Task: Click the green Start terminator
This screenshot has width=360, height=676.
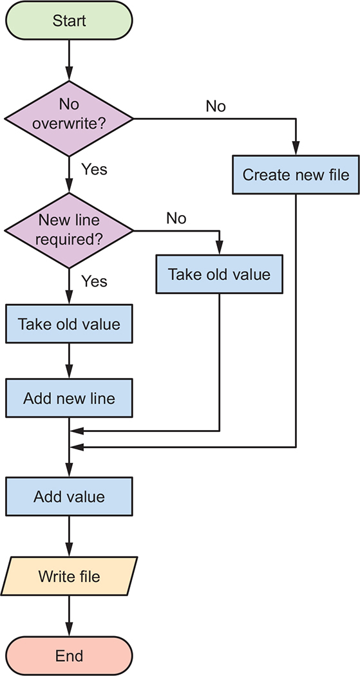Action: pyautogui.click(x=69, y=21)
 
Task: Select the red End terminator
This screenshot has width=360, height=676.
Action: pyautogui.click(x=69, y=656)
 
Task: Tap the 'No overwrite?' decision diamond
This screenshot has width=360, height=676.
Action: pyautogui.click(x=69, y=118)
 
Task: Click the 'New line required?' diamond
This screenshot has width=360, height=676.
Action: pyautogui.click(x=69, y=230)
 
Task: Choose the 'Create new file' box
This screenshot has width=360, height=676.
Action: pyautogui.click(x=296, y=174)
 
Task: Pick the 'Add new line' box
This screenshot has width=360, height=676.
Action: pyautogui.click(x=69, y=399)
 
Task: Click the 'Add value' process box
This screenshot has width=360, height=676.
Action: pyautogui.click(x=69, y=496)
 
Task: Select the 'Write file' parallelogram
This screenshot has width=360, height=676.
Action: pyautogui.click(x=69, y=576)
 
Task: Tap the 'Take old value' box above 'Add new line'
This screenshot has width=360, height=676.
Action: pyautogui.click(x=69, y=324)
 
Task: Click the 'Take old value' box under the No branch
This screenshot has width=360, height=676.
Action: pyautogui.click(x=220, y=274)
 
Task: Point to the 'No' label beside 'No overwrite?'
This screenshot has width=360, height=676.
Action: pyautogui.click(x=216, y=106)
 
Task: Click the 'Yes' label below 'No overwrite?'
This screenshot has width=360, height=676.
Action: pyautogui.click(x=94, y=169)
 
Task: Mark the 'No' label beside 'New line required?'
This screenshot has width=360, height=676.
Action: pyautogui.click(x=176, y=218)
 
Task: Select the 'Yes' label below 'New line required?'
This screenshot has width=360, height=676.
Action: pyautogui.click(x=94, y=281)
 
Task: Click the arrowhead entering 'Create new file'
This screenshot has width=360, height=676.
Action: pyautogui.click(x=296, y=148)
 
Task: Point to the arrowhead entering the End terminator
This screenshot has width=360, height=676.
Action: pyautogui.click(x=69, y=630)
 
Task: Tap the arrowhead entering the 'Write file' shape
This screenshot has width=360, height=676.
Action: pyautogui.click(x=69, y=550)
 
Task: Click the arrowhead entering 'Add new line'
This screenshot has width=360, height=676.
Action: pyautogui.click(x=69, y=372)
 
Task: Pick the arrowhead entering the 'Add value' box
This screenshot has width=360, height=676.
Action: pyautogui.click(x=69, y=471)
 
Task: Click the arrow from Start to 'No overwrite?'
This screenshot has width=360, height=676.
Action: pyautogui.click(x=69, y=61)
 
